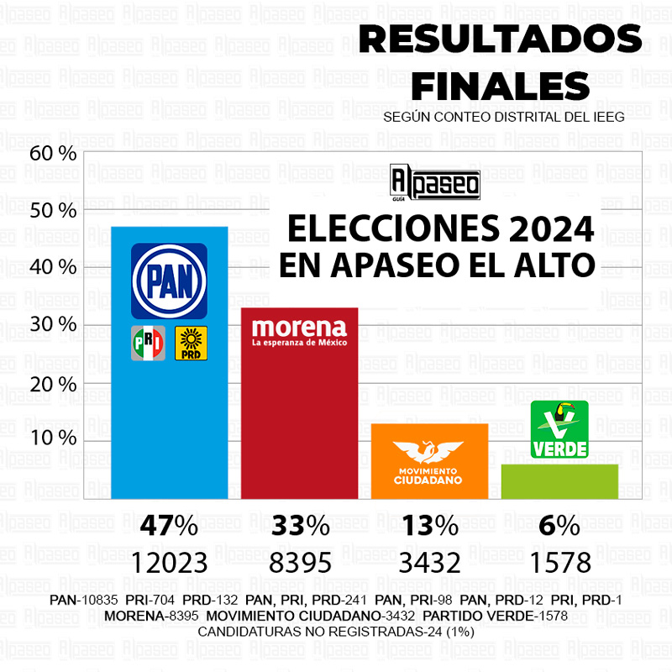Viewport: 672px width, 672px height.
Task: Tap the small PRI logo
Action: pos(148,343)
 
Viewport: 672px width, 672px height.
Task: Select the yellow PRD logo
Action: pos(191,343)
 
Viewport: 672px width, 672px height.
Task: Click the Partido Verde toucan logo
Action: pos(559,429)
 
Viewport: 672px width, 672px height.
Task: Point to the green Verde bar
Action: pos(559,481)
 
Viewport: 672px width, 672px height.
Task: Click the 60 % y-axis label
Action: pos(52,153)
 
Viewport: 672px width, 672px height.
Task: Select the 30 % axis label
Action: pos(52,325)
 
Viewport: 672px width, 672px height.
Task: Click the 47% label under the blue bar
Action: pos(169,527)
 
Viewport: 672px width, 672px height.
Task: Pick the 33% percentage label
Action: pos(300,527)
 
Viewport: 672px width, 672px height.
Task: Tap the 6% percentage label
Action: pos(559,527)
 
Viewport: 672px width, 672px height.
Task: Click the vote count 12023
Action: pos(169,562)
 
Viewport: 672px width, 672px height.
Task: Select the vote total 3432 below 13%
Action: pos(429,562)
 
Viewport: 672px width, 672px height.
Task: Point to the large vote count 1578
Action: pos(559,562)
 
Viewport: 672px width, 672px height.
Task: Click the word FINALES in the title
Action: pos(501,84)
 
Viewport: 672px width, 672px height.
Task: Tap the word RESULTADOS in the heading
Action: pos(501,39)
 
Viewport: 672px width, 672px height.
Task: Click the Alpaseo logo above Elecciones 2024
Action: pos(435,183)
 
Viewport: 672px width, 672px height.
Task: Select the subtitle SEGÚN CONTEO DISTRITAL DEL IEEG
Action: pos(503,118)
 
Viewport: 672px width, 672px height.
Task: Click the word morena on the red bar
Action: pos(299,327)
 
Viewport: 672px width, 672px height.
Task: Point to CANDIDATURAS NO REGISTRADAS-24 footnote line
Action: pos(336,632)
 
